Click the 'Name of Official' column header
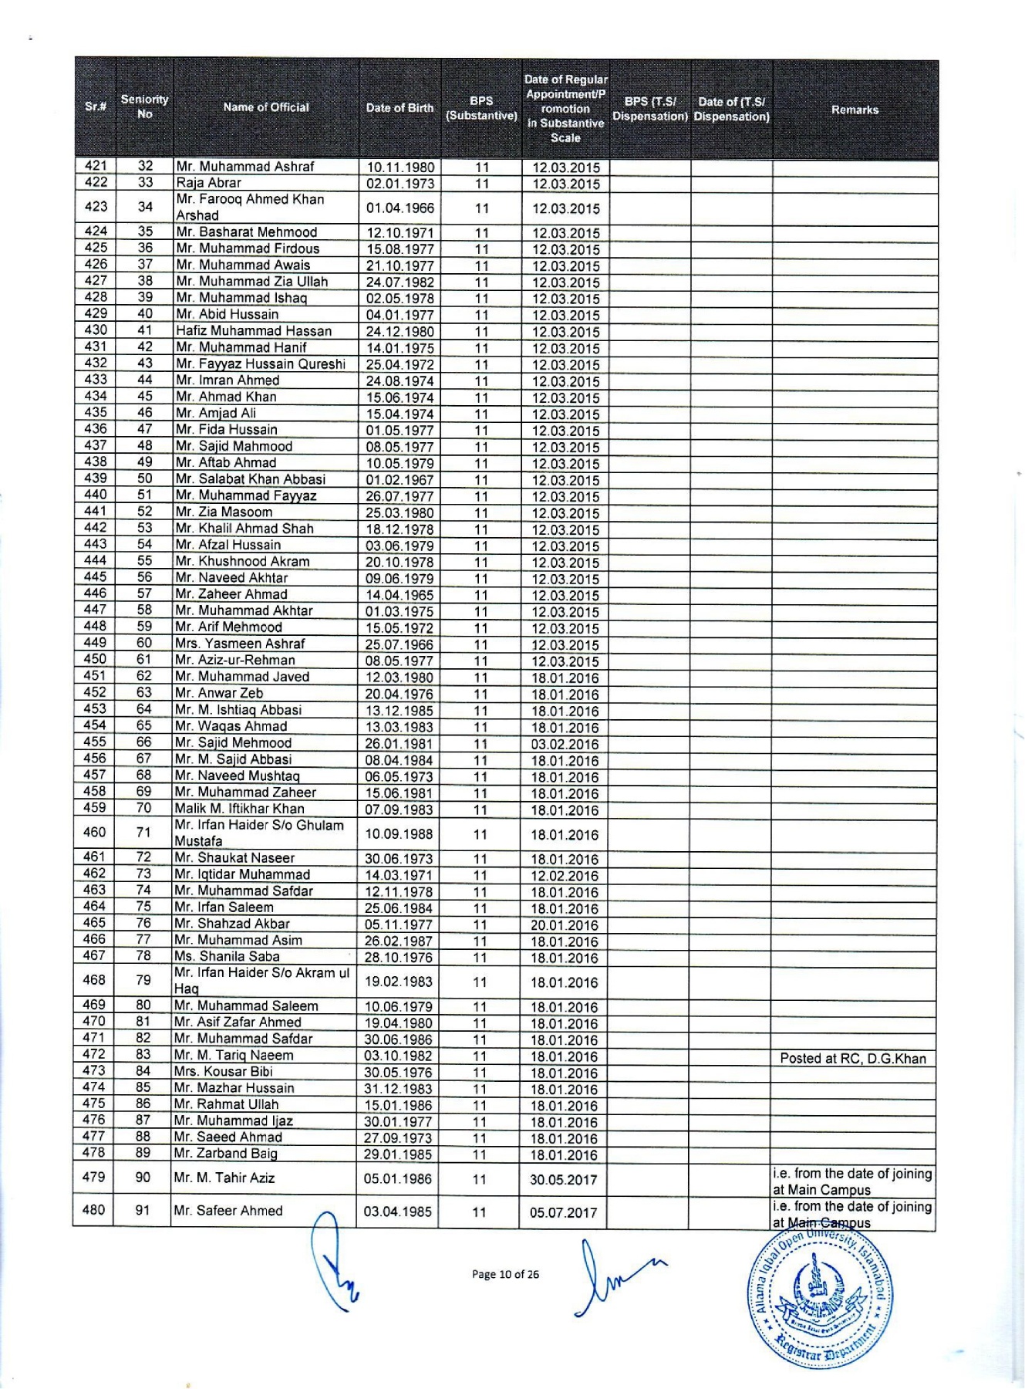click(x=266, y=108)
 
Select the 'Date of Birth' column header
click(x=400, y=108)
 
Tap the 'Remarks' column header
click(x=855, y=110)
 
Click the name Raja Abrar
click(x=209, y=183)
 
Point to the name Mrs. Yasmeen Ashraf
click(x=240, y=644)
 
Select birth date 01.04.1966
click(x=400, y=208)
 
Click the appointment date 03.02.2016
click(x=565, y=745)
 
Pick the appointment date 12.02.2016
click(x=565, y=876)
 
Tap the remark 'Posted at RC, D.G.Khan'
click(x=853, y=1058)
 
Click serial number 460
click(x=94, y=833)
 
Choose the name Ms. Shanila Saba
click(x=228, y=957)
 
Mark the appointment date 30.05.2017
click(x=564, y=1180)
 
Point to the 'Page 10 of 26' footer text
click(x=505, y=1274)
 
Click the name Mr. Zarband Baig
click(x=226, y=1154)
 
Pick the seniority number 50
click(x=144, y=478)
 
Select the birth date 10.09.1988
click(x=400, y=834)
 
